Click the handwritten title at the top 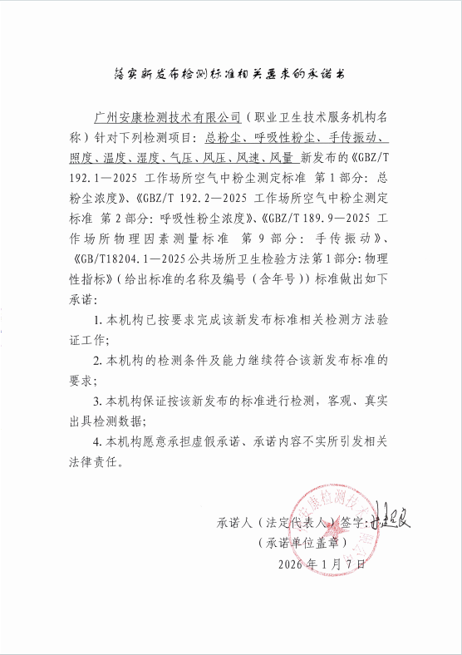click(x=230, y=73)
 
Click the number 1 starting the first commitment click(x=99, y=320)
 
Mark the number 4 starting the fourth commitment click(x=99, y=441)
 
